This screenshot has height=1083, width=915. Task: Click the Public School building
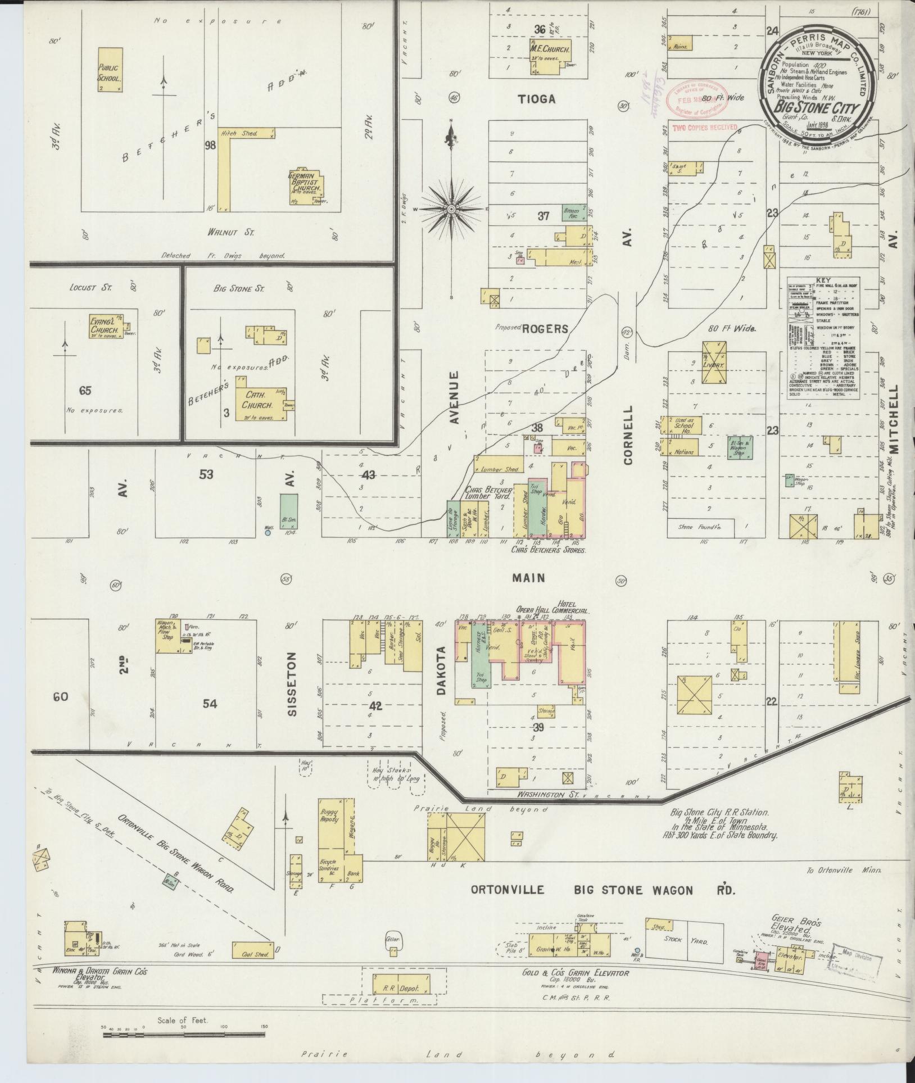pyautogui.click(x=110, y=70)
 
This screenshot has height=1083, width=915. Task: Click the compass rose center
pyautogui.click(x=451, y=209)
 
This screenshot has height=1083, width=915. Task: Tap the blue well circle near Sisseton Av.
pyautogui.click(x=268, y=532)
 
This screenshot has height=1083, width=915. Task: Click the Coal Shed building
pyautogui.click(x=253, y=950)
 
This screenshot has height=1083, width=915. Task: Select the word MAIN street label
pyautogui.click(x=528, y=577)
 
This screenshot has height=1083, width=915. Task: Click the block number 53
pyautogui.click(x=206, y=474)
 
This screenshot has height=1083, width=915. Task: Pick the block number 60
pyautogui.click(x=60, y=697)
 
